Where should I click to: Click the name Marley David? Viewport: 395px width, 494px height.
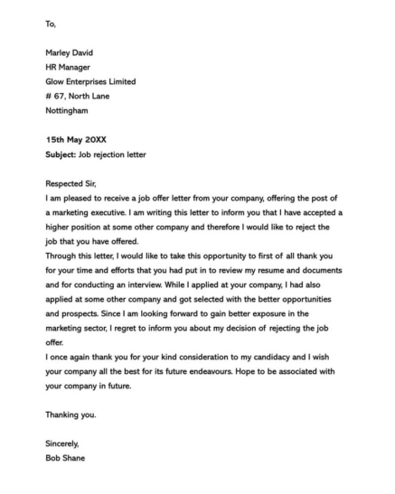[71, 52]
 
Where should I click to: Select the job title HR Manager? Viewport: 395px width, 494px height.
[68, 67]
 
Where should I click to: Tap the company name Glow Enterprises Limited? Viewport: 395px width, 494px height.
[90, 81]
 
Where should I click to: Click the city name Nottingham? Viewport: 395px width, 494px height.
[67, 110]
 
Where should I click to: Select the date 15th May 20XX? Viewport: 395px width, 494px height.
[75, 140]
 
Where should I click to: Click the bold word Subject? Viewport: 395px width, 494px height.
[61, 154]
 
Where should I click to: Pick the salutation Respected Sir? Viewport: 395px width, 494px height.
[73, 183]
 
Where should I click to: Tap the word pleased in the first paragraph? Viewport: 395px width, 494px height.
[77, 198]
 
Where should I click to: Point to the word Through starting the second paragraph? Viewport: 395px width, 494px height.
[61, 256]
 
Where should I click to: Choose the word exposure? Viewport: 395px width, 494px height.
[292, 313]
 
